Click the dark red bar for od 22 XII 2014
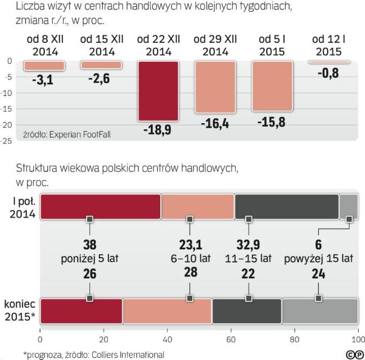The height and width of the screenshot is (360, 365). [158, 91]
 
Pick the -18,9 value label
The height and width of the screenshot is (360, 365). [158, 131]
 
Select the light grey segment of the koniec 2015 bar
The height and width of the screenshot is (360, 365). [320, 311]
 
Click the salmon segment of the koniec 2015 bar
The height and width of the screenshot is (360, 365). [167, 311]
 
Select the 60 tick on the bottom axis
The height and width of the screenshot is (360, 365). [231, 340]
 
